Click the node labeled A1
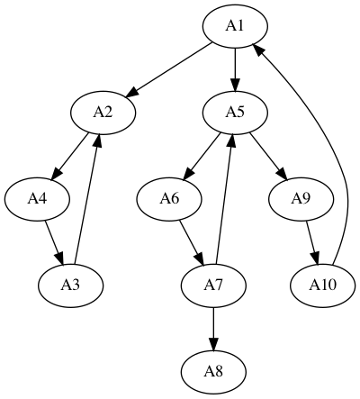tap(235, 26)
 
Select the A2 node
tap(103, 113)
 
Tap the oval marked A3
tap(71, 286)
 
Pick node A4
tap(37, 199)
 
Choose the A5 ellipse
tap(235, 113)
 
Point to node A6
tap(169, 199)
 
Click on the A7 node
tap(213, 286)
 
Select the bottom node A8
tap(213, 372)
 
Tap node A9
tap(301, 199)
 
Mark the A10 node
tap(323, 286)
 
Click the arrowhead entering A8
tap(213, 343)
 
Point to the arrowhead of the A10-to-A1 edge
tap(259, 50)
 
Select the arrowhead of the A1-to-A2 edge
tap(131, 93)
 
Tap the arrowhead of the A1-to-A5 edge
tap(235, 85)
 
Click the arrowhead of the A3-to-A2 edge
tap(97, 141)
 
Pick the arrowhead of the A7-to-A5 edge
tap(231, 141)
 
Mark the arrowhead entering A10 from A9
tap(315, 258)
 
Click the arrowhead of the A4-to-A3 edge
tap(59, 259)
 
